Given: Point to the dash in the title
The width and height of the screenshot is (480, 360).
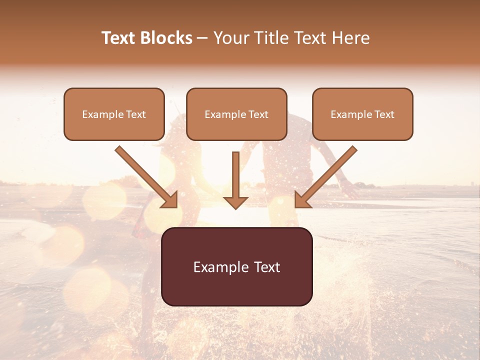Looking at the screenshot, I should click(202, 38).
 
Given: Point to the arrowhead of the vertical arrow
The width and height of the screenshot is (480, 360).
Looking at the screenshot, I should click(235, 202).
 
